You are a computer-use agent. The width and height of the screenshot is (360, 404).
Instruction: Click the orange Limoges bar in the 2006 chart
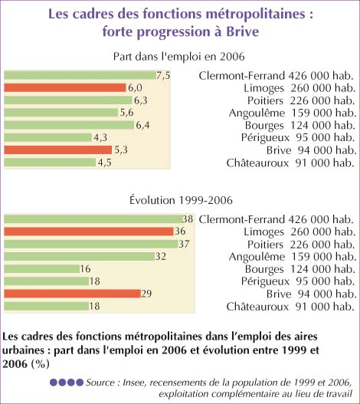click(65, 87)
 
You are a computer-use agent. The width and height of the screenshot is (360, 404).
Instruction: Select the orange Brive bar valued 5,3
click(58, 150)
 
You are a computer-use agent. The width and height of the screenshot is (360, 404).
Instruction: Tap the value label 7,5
click(163, 75)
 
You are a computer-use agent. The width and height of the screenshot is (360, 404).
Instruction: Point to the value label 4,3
click(100, 137)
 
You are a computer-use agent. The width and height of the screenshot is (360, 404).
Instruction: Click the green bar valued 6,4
click(69, 125)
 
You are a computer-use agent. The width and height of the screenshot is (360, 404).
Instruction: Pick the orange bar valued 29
click(72, 294)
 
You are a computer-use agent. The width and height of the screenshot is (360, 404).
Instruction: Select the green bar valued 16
click(41, 269)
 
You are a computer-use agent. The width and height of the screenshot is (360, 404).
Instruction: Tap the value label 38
click(188, 219)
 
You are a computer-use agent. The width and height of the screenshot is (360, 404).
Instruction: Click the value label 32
click(161, 256)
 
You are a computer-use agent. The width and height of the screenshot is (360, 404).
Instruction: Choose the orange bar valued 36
click(89, 232)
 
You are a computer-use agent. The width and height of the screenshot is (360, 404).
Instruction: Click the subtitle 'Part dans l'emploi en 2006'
click(179, 57)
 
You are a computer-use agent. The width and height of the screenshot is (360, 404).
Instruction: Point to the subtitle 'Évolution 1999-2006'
click(181, 200)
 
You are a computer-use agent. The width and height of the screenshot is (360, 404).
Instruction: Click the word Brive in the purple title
click(243, 31)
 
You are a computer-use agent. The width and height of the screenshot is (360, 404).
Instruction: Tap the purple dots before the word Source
click(67, 383)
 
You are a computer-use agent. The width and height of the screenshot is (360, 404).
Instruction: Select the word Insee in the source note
click(134, 383)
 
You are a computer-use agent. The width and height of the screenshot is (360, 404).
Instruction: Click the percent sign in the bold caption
click(40, 364)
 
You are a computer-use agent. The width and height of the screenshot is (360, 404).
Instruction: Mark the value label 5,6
click(126, 113)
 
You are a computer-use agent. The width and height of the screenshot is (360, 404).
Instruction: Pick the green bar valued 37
click(91, 244)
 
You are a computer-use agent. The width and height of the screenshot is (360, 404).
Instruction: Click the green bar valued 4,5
click(50, 163)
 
